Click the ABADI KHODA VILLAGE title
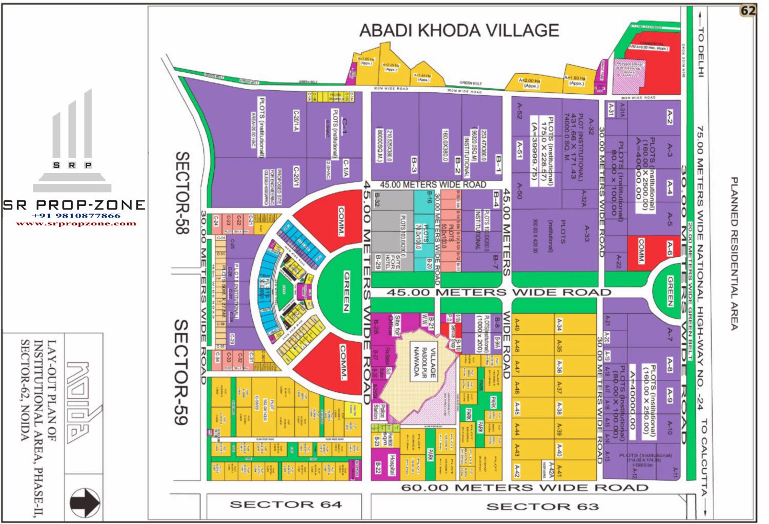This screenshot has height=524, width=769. click(x=459, y=31)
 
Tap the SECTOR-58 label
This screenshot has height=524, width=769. click(x=183, y=193)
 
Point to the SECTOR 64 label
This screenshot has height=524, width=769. click(x=286, y=505)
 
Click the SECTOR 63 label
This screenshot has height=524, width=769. click(x=542, y=507)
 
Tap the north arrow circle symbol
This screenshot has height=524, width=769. click(x=85, y=502)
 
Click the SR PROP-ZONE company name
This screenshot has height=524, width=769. click(x=74, y=205)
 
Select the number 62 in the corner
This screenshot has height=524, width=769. click(x=748, y=11)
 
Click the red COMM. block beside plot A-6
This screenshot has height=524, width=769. click(x=641, y=251)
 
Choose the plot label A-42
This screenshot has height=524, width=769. click(x=517, y=470)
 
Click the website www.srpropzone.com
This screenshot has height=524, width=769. click(x=76, y=223)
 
